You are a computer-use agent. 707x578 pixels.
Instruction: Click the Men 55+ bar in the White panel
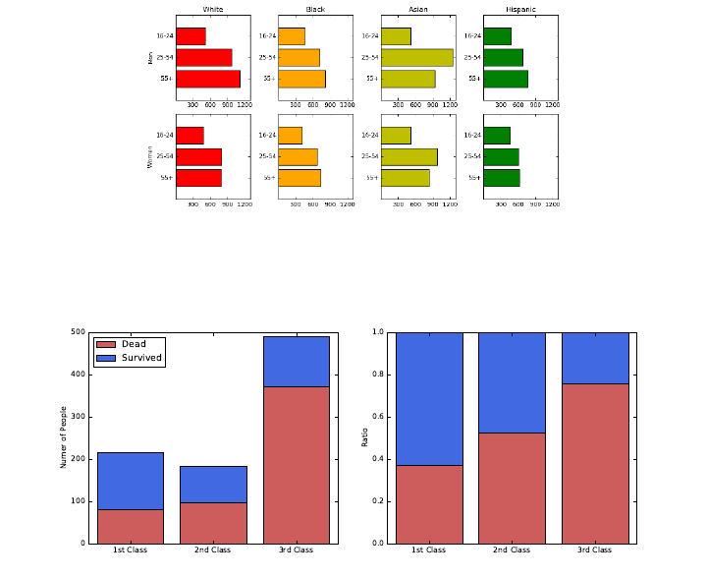point(208,79)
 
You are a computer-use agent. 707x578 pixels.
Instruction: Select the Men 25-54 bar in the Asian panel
point(416,57)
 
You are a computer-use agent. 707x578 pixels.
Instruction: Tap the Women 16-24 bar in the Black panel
point(290,136)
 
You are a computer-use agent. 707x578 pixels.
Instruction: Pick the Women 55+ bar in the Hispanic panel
point(501,178)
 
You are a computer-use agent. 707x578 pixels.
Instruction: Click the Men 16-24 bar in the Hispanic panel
point(497,36)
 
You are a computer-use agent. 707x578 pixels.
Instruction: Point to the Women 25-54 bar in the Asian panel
point(408,156)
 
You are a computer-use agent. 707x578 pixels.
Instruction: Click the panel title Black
point(315,9)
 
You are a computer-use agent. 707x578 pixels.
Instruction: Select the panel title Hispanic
point(520,9)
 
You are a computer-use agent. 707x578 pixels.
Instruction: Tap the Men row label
point(150,57)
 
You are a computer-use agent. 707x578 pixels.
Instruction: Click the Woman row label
point(150,156)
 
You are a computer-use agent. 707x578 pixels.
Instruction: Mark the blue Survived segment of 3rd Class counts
point(296,361)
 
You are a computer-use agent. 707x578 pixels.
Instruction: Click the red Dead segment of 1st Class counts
point(131,526)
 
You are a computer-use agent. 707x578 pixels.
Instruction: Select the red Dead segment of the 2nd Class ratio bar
point(512,488)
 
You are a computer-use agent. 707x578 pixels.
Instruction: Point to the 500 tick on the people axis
point(80,332)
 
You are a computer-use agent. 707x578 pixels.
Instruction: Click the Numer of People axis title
point(64,436)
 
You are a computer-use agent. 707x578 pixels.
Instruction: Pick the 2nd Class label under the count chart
point(213,550)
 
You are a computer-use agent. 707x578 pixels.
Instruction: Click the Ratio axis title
point(363,437)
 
